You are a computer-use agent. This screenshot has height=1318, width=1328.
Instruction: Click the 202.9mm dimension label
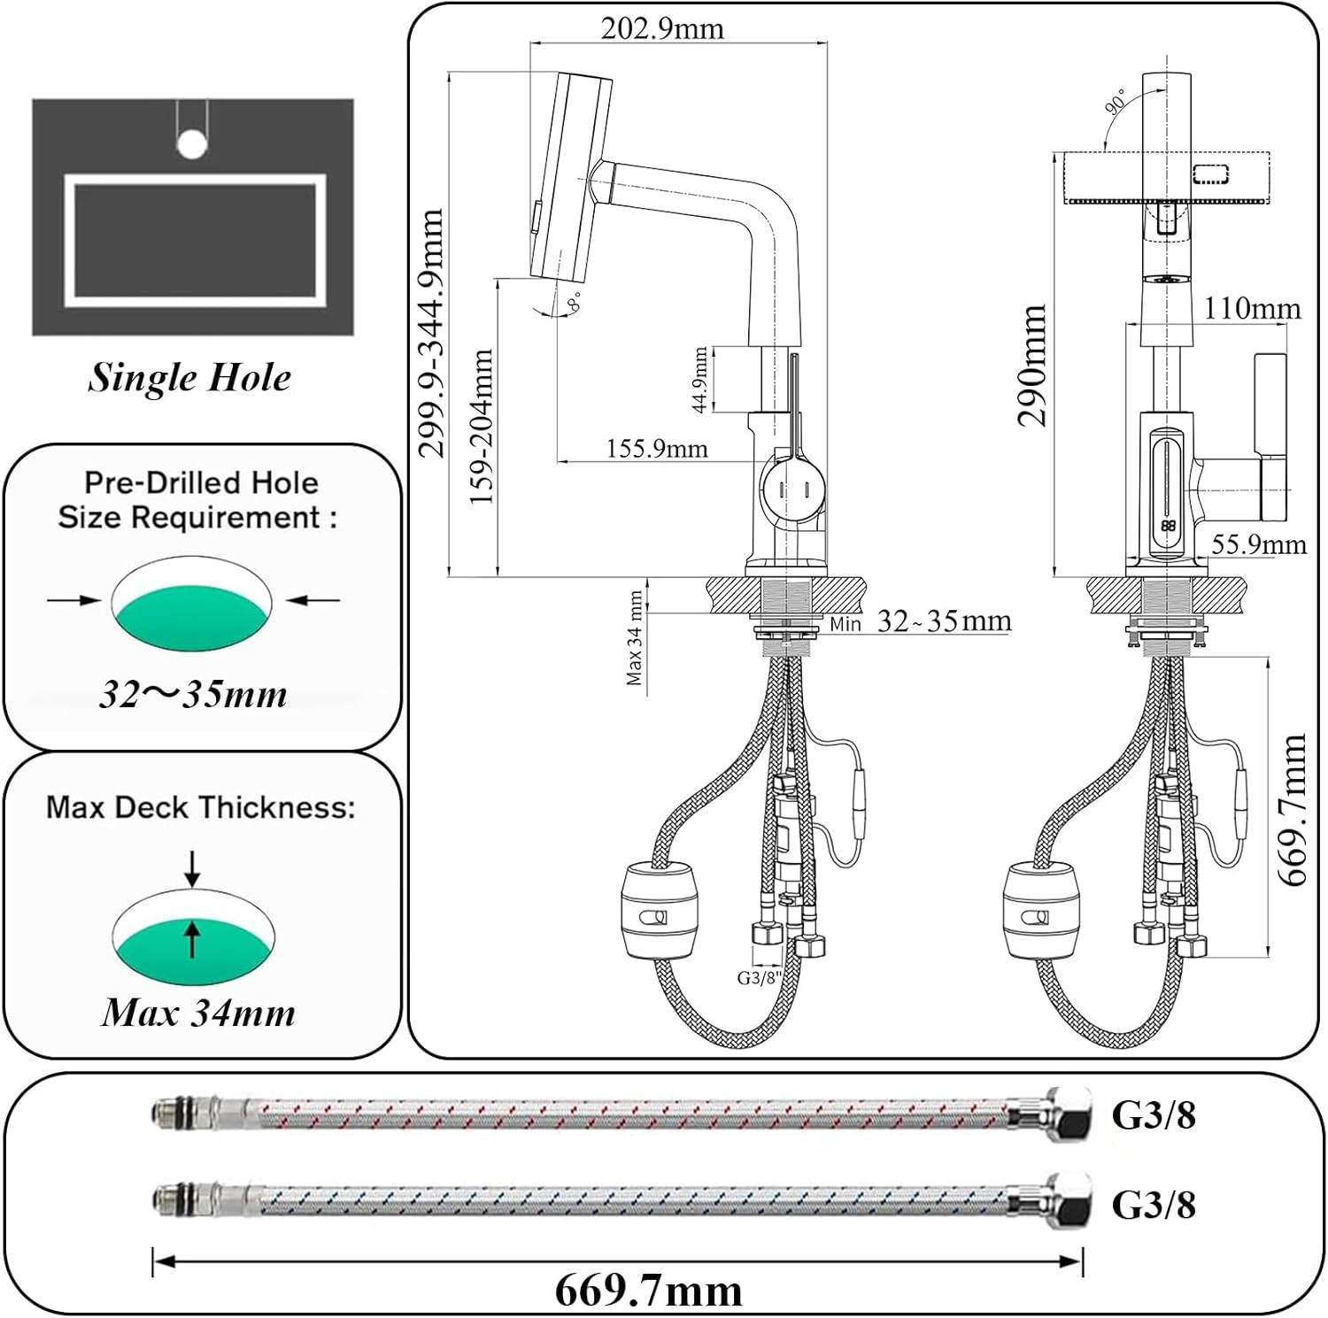(x=662, y=28)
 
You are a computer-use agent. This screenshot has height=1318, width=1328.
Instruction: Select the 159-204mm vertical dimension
(x=481, y=426)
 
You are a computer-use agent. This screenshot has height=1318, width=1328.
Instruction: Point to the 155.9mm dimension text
(x=657, y=449)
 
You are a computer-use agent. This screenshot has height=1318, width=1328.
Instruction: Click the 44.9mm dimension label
(x=699, y=380)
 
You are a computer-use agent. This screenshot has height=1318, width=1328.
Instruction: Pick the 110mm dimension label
(x=1252, y=309)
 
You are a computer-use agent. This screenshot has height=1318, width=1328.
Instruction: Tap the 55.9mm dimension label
(x=1258, y=544)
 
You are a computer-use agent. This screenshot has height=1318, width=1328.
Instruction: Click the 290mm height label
(x=1032, y=366)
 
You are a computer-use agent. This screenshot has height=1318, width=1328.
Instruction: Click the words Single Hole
(x=189, y=378)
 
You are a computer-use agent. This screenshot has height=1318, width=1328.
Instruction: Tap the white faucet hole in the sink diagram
(x=191, y=143)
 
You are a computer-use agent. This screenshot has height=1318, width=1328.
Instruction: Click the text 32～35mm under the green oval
(x=193, y=695)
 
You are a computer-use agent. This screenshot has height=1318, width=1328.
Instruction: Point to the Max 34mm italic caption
(x=198, y=1013)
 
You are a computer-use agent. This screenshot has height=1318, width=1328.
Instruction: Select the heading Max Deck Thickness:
(x=201, y=807)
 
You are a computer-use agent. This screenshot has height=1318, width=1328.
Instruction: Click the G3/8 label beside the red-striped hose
(x=1153, y=1115)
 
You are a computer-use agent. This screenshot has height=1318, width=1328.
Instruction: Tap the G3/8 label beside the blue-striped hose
(x=1153, y=1205)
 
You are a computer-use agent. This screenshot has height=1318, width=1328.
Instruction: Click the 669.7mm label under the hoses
(x=648, y=1291)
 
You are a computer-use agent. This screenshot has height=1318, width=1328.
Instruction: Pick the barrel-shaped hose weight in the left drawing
(x=658, y=912)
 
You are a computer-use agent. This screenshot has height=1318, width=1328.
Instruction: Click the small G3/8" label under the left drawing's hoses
(x=761, y=978)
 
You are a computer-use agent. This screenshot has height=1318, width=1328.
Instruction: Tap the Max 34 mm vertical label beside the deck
(x=634, y=638)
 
